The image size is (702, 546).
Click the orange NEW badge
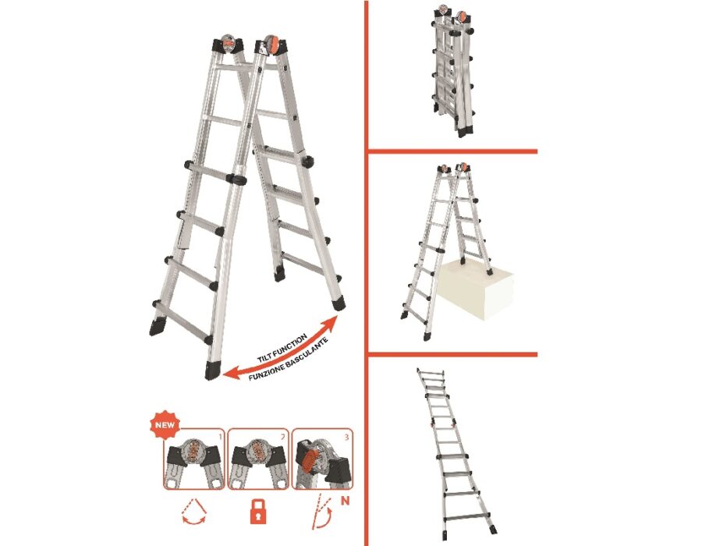pyautogui.click(x=165, y=424)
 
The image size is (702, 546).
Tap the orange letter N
pyautogui.click(x=346, y=500)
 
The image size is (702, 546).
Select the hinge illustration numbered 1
pyautogui.click(x=194, y=459)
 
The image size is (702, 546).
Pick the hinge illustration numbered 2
pyautogui.click(x=258, y=459)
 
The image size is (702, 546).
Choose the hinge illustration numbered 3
pyautogui.click(x=322, y=459)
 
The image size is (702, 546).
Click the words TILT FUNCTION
pyautogui.click(x=282, y=348)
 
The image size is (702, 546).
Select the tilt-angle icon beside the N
pyautogui.click(x=321, y=512)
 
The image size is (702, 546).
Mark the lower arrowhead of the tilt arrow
pyautogui.click(x=229, y=374)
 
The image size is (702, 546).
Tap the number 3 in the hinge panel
pyautogui.click(x=346, y=436)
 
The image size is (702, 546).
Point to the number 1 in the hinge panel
pyautogui.click(x=219, y=435)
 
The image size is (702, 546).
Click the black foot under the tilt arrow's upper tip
pyautogui.click(x=339, y=301)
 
